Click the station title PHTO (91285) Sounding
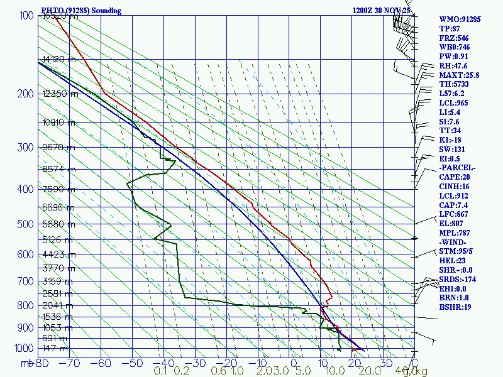[x=80, y=11]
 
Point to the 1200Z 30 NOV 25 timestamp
[x=382, y=11]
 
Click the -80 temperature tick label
[x=41, y=363]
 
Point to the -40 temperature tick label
[x=163, y=363]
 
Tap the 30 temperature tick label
[x=384, y=363]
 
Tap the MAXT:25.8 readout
[x=459, y=75]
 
